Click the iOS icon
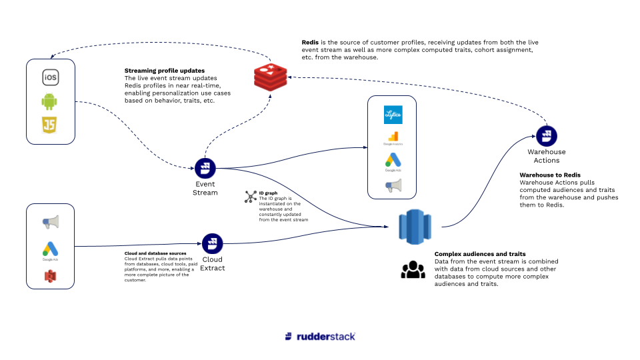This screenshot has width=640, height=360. (51, 77)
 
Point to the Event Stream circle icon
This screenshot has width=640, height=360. (205, 168)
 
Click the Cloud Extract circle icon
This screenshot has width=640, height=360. (212, 243)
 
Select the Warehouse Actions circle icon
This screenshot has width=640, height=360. (546, 136)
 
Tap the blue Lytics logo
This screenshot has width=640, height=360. (393, 115)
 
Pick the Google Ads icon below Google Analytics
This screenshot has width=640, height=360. (393, 161)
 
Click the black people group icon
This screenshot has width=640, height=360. (413, 268)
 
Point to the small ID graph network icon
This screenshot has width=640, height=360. (251, 195)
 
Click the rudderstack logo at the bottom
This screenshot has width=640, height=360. (319, 336)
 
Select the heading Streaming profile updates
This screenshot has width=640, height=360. (164, 70)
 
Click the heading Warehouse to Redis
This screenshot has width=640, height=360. (545, 175)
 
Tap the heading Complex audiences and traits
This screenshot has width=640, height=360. (480, 254)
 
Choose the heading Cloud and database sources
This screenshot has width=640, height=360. (155, 253)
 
